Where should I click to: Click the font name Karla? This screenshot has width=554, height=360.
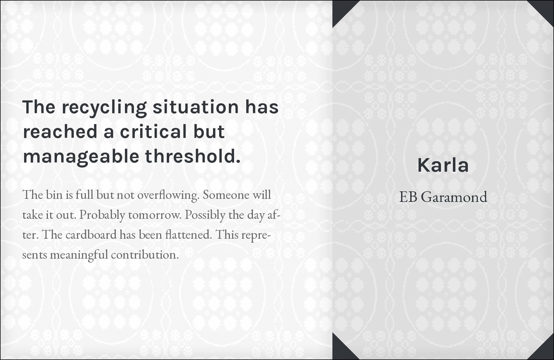point(443,165)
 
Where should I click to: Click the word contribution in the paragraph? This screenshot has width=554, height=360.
point(145,255)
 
